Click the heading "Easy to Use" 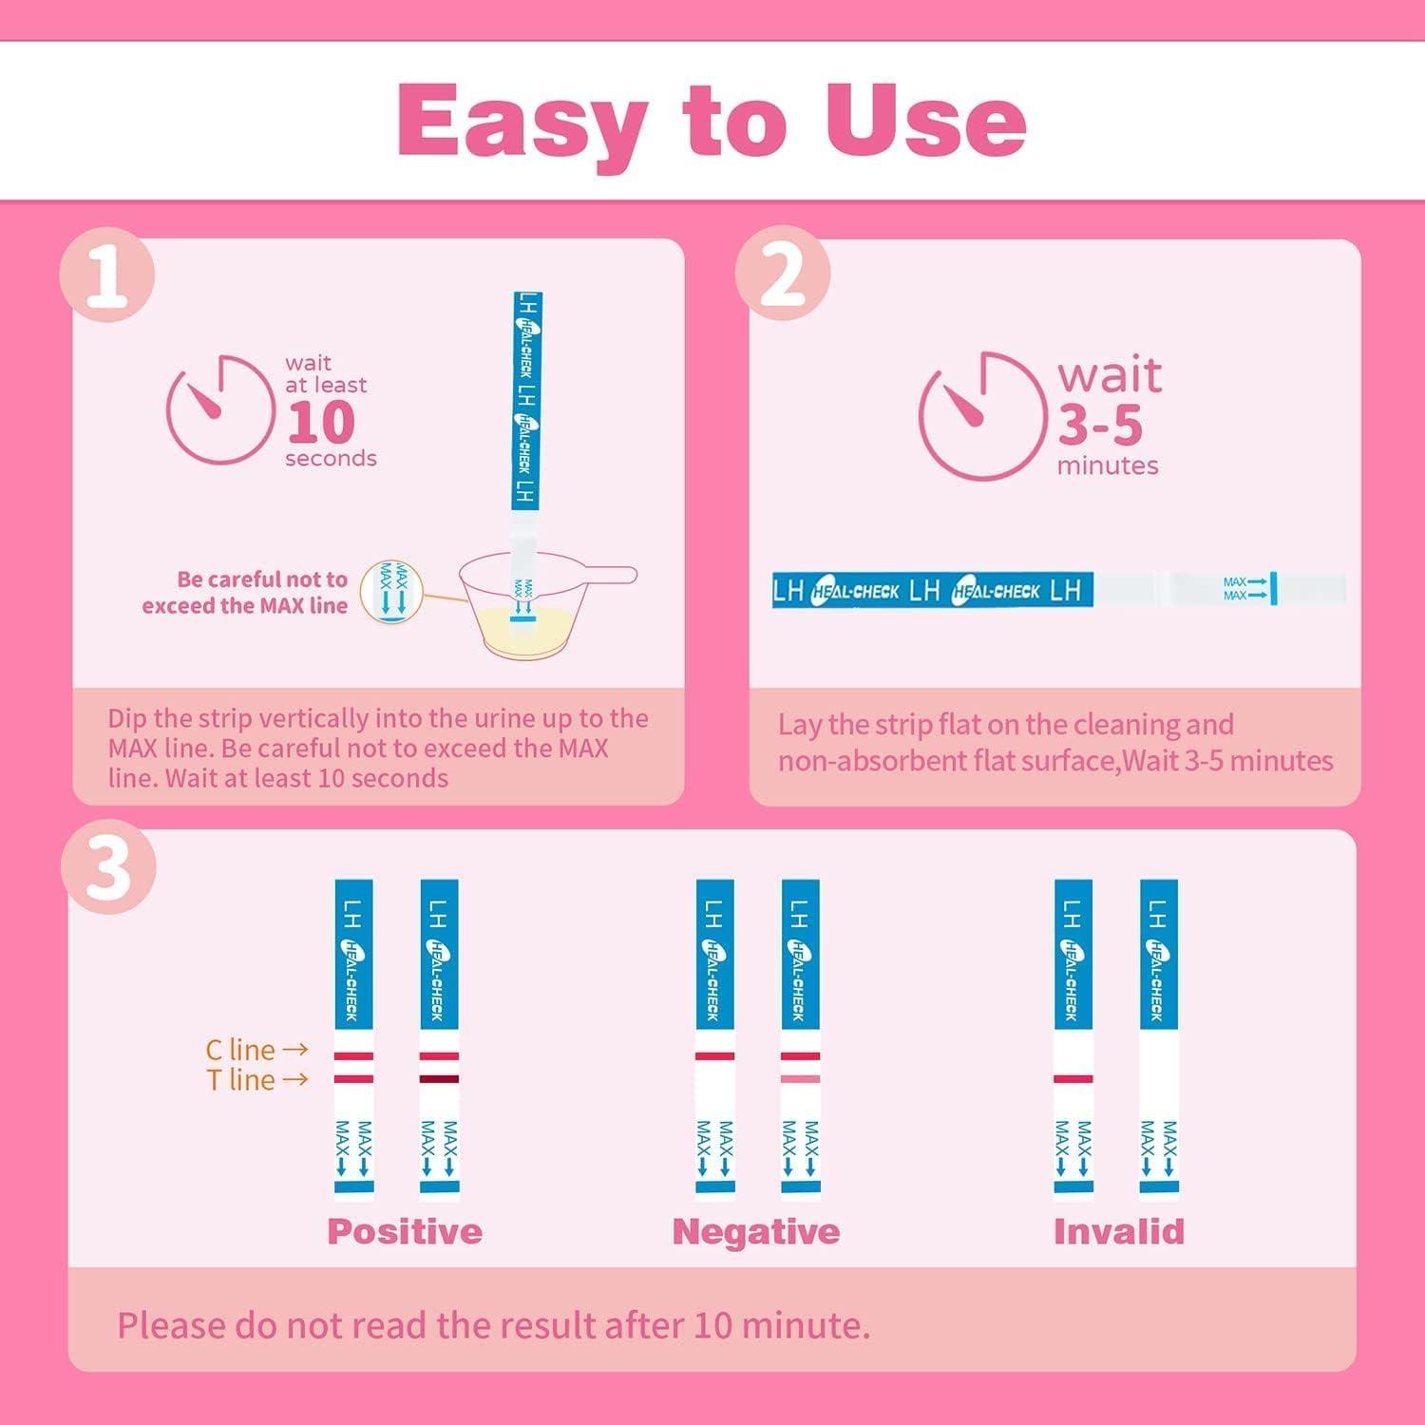coord(712,122)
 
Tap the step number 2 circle coord(782,276)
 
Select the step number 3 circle coord(108,866)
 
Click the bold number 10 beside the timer coord(321,423)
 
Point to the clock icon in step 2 coord(978,416)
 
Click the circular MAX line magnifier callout coord(393,592)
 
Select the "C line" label coord(240,1050)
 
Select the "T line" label coord(241,1080)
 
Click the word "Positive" coord(405,1232)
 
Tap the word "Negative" coord(755,1232)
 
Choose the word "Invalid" coord(1118,1232)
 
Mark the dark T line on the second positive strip coord(439,1079)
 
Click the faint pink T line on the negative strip coord(800,1079)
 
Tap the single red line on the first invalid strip coord(1073,1079)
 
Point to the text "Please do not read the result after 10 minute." coord(493,1325)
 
